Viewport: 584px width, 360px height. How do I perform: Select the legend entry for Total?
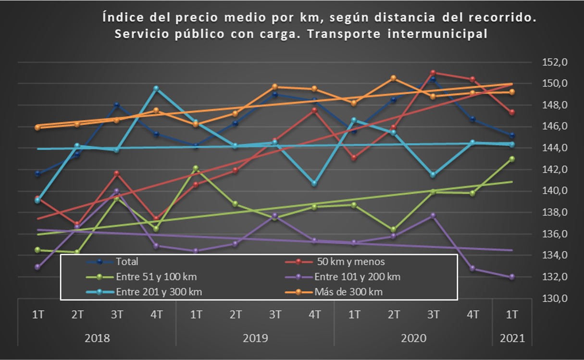(x=127, y=262)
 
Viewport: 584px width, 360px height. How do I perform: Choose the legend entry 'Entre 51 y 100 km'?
(x=156, y=277)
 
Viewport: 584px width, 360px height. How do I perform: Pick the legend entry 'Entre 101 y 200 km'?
(x=357, y=277)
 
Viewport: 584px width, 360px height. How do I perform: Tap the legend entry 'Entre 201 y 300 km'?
(x=159, y=292)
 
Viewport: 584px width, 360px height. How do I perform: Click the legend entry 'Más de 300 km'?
(x=348, y=292)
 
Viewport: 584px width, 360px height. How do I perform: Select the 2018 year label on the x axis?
(x=97, y=338)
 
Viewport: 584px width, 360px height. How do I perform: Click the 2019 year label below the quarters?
(x=255, y=338)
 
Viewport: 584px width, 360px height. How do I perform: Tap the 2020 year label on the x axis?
(x=413, y=338)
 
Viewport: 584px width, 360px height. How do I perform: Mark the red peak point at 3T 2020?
(x=433, y=73)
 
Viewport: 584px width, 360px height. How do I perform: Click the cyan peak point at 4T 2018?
(x=156, y=88)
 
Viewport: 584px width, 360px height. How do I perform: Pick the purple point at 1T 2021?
(x=512, y=277)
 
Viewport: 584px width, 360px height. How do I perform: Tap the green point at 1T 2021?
(x=512, y=159)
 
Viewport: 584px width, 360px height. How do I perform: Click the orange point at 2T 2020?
(x=393, y=78)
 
